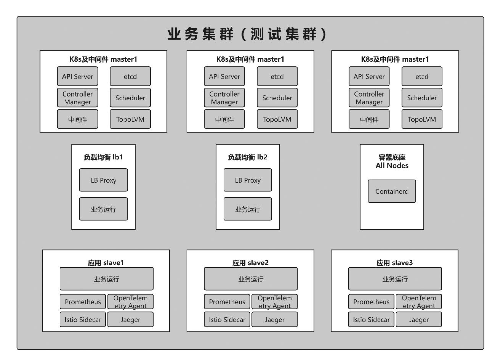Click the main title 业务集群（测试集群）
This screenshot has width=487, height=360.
point(247,34)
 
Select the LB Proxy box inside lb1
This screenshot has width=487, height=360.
point(103,180)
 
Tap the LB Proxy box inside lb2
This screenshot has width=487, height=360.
point(247,180)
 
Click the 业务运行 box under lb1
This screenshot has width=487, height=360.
point(103,209)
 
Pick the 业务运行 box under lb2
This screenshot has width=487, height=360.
point(247,209)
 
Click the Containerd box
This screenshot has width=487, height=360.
point(392,191)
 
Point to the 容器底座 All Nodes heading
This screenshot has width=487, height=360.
point(392,161)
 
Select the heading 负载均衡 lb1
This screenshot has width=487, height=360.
point(103,157)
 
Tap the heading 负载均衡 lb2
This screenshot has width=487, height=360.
point(247,157)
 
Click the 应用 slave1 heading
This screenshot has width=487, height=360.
point(106,262)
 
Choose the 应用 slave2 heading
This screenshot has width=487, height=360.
point(250,262)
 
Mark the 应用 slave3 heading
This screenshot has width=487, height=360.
point(394,262)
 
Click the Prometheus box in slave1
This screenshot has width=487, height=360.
point(83,302)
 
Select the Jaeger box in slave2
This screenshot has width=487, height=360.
point(274,319)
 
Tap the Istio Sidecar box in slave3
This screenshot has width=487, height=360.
point(371,319)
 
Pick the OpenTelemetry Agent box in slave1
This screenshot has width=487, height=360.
point(130,302)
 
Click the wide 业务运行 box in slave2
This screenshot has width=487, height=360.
point(251,279)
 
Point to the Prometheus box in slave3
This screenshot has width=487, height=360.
point(371,302)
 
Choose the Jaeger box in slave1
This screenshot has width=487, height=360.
point(130,319)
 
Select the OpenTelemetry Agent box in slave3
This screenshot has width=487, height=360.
point(419,302)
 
